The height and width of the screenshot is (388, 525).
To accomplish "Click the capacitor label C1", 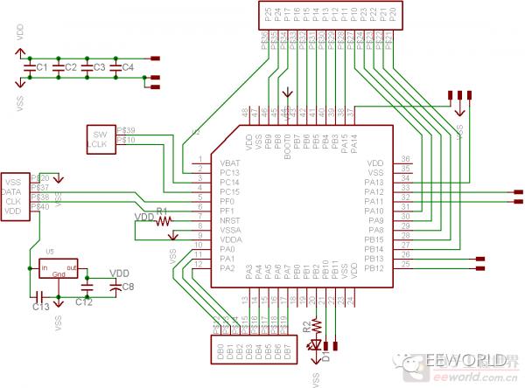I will click(x=41, y=67).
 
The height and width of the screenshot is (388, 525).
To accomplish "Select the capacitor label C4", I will click(x=127, y=67).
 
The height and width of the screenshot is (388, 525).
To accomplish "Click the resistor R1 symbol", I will click(x=163, y=221).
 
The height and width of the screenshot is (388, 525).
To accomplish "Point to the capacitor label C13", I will click(x=40, y=307).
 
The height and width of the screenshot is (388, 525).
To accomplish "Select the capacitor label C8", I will click(x=128, y=287).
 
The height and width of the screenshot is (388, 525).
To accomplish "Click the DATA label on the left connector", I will click(x=12, y=191).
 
